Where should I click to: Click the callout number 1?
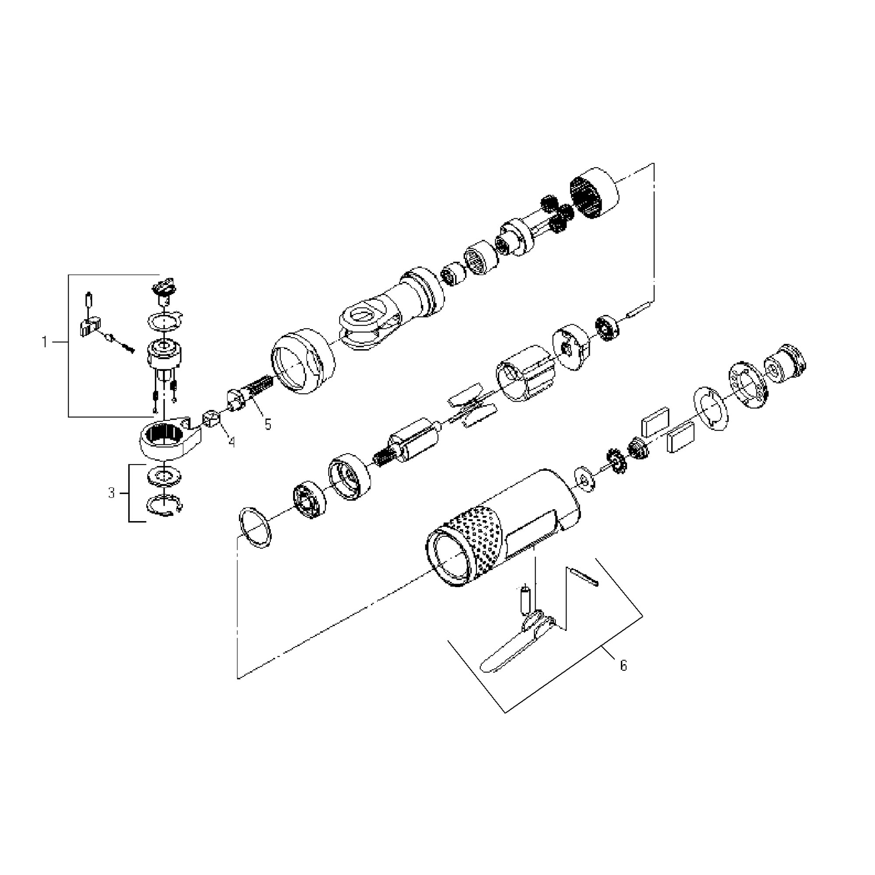point(44,342)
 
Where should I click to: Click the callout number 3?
point(112,493)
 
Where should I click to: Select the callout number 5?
point(268,424)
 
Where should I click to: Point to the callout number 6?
point(623,666)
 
